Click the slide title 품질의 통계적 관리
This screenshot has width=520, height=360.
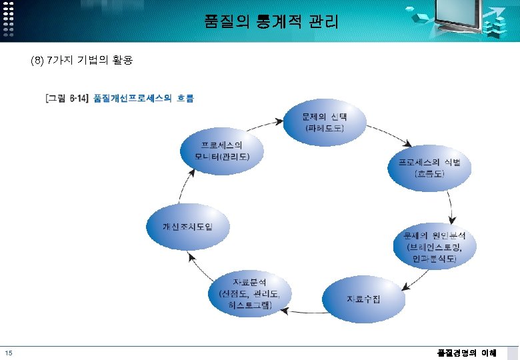coord(271,22)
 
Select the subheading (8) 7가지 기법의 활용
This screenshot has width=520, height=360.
coord(81,61)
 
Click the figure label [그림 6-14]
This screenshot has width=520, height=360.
coord(67,99)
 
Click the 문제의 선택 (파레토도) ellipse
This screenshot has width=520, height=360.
coord(325,122)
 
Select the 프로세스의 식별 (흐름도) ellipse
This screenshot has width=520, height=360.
coord(429,167)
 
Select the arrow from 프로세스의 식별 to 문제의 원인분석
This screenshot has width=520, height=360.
coord(453,210)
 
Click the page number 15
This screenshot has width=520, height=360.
coord(8,353)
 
